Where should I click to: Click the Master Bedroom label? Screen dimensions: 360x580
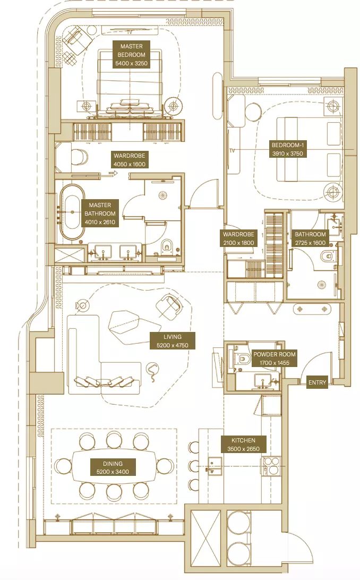pos(131,55)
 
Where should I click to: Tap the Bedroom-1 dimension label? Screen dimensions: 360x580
pos(288,149)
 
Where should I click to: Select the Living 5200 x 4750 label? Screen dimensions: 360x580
pos(173,341)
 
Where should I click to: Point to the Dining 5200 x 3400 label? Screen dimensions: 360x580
pos(113,467)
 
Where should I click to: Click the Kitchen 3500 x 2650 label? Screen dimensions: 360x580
pos(243,445)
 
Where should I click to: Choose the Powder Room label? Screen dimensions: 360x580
pos(275,359)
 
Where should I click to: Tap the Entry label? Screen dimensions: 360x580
pos(317,382)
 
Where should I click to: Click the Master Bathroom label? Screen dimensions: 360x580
pos(100,214)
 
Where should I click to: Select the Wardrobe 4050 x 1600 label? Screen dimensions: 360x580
pos(130,160)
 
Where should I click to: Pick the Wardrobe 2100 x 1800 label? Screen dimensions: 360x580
pos(239,238)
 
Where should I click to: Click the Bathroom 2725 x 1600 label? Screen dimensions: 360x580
pos(310,238)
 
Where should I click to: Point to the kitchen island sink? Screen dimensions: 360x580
pos(215,466)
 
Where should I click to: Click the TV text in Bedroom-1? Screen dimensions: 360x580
pos(232,150)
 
